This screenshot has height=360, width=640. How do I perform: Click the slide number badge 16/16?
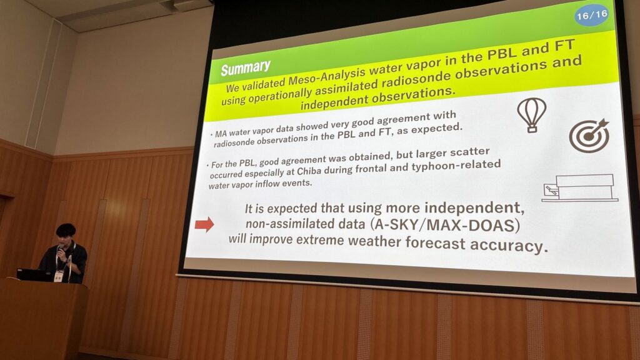click(x=591, y=16)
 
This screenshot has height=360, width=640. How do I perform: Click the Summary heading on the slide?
click(x=246, y=67)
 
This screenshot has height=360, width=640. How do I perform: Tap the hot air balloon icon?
click(x=531, y=116)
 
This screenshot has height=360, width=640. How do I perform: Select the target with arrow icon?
click(x=589, y=136)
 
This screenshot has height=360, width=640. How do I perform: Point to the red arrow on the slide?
click(x=204, y=224)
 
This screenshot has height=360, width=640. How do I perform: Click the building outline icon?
click(x=579, y=188)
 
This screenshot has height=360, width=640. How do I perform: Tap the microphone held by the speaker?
click(x=59, y=250)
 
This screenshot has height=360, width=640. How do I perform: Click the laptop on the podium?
click(x=34, y=275)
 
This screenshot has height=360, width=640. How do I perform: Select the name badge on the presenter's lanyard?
click(x=58, y=276)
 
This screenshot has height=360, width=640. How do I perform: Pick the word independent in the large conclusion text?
click(x=474, y=207)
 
